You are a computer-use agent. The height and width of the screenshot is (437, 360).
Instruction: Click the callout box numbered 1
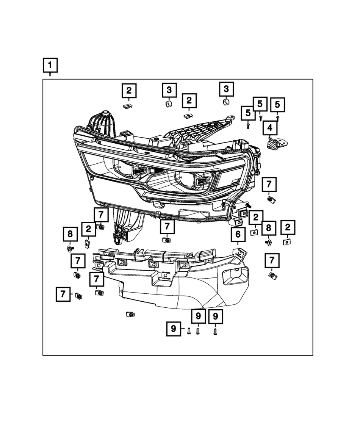50,65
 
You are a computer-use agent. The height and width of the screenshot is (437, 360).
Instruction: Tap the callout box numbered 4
270,128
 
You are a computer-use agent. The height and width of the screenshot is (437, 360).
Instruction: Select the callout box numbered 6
238,234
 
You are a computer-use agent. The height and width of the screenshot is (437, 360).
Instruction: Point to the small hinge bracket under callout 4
277,143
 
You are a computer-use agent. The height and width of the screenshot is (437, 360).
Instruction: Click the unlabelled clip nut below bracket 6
130,314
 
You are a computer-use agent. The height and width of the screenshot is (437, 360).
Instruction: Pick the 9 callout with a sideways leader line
173,329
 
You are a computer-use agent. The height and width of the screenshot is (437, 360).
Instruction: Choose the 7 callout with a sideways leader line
63,294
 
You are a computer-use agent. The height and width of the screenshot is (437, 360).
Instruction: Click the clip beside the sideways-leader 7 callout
79,296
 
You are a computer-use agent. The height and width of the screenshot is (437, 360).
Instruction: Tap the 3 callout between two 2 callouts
169,90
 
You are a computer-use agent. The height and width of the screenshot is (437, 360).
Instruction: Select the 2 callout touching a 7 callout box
89,229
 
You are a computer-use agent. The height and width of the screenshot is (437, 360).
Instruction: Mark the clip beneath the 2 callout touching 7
88,244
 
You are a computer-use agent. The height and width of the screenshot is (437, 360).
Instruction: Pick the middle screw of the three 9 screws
197,331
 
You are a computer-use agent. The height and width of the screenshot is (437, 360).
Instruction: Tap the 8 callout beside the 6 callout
268,228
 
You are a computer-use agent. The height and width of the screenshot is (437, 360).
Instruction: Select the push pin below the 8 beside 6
269,243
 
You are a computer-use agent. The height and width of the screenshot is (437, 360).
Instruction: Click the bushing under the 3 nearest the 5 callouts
226,102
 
